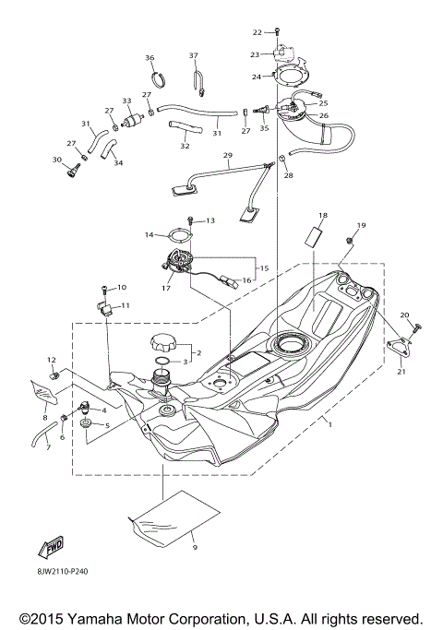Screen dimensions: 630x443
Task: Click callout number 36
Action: coord(150,58)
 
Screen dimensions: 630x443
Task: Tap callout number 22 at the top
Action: coord(257,33)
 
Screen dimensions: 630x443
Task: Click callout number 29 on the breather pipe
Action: coord(226,158)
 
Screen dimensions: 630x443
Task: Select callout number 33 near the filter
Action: coord(126,101)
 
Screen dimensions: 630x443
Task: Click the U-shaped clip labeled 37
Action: coord(198,85)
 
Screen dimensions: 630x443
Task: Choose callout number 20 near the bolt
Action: coord(403,315)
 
